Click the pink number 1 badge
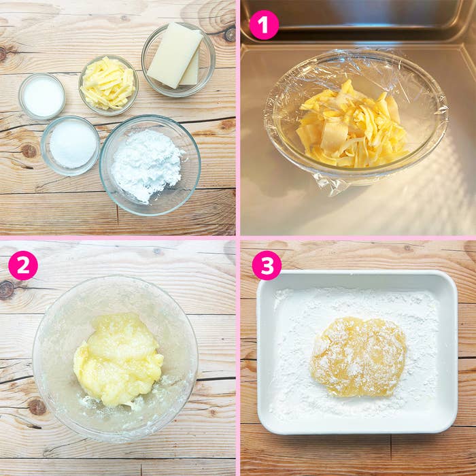(264, 25)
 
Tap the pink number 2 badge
(23, 265)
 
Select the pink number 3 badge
(267, 265)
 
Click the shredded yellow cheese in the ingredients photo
(107, 84)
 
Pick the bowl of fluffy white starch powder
(150, 165)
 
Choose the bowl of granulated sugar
(70, 146)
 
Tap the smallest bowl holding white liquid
(42, 97)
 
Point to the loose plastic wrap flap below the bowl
(329, 184)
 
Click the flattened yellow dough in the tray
(358, 357)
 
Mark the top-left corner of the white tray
(258, 271)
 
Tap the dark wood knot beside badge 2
(7, 289)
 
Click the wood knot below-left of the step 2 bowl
(37, 407)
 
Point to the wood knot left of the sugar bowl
(29, 151)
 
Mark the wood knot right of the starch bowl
(227, 124)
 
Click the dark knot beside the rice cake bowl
(230, 34)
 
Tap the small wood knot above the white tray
(407, 248)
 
